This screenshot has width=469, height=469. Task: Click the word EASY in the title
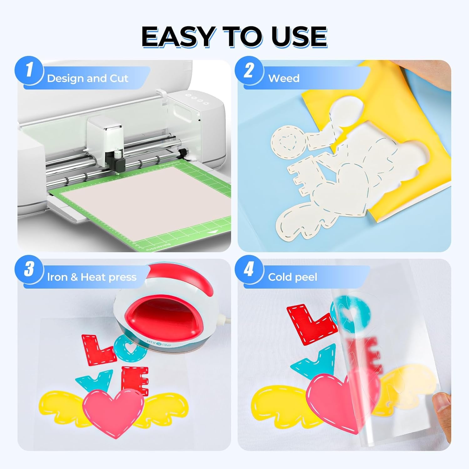click(178, 37)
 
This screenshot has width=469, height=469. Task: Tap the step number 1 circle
click(29, 70)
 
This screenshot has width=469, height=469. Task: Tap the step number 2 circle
click(249, 70)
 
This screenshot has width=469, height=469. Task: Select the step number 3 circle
click(29, 269)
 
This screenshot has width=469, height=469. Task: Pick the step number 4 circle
click(249, 269)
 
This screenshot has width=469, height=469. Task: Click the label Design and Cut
click(87, 78)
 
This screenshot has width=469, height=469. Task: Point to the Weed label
click(284, 78)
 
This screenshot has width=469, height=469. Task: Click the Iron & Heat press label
click(92, 277)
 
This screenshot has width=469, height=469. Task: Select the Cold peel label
click(292, 277)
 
